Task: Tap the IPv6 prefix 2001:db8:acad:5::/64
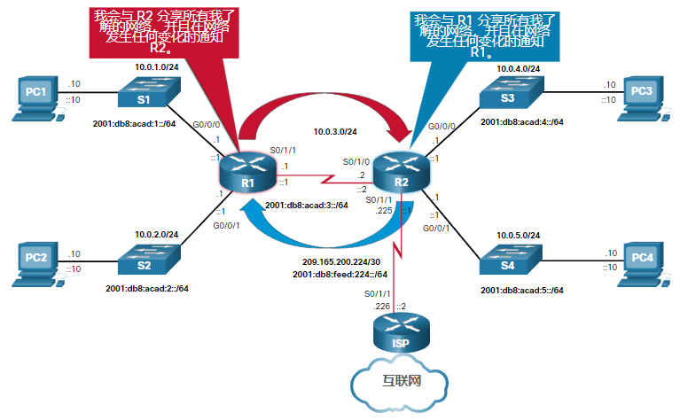pyautogui.click(x=521, y=290)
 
